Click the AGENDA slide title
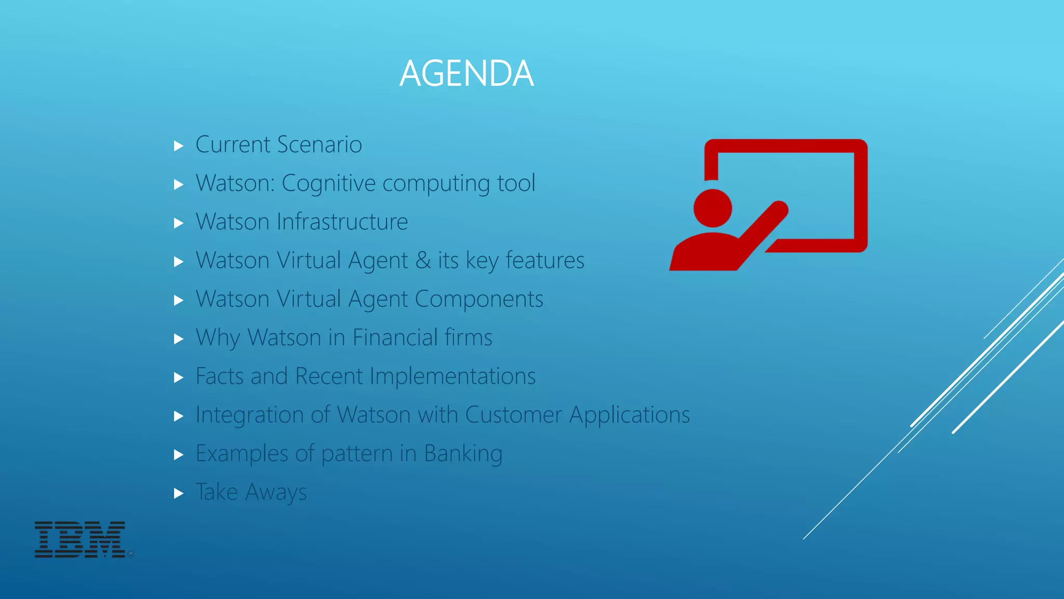[x=466, y=73]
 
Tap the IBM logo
[x=80, y=539]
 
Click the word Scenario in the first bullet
[x=320, y=145]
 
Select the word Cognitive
[x=328, y=184]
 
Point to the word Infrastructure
[x=342, y=222]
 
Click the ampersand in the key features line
[x=423, y=261]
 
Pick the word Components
[x=478, y=299]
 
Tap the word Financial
[x=394, y=337]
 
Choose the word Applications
[x=629, y=415]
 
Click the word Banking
[x=463, y=454]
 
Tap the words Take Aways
[x=251, y=492]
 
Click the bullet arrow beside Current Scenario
[x=179, y=146]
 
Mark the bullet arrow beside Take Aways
[x=179, y=493]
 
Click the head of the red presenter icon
[x=712, y=208]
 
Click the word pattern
[x=356, y=454]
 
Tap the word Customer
[x=513, y=415]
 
